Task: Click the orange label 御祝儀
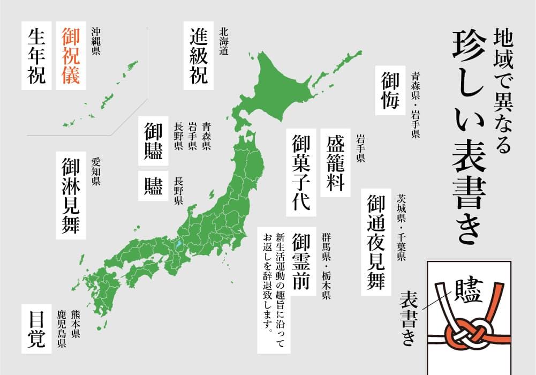point(71,56)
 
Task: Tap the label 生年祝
point(37,56)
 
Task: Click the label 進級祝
point(199,56)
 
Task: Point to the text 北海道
point(224,42)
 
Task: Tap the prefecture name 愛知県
point(96,171)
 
